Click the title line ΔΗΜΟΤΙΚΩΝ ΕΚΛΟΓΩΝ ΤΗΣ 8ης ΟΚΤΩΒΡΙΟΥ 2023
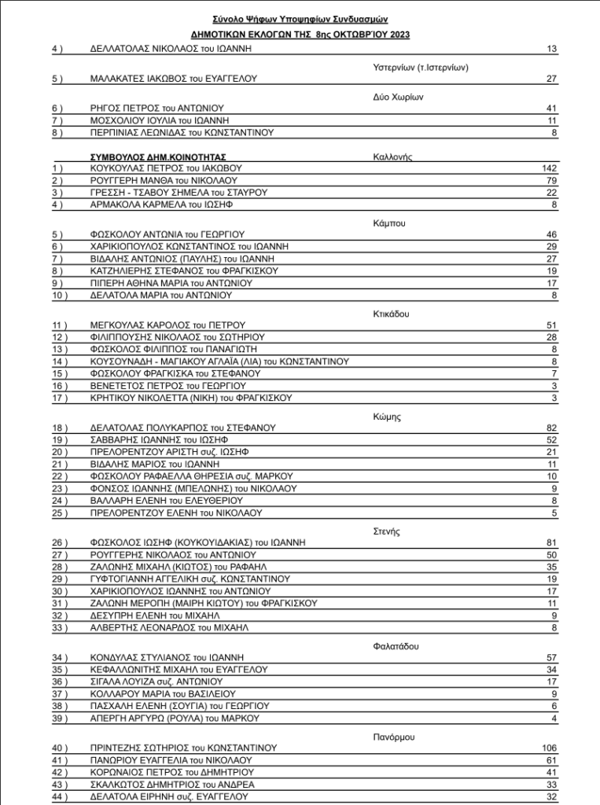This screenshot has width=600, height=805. pyautogui.click(x=300, y=35)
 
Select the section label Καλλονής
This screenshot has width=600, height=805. pyautogui.click(x=392, y=157)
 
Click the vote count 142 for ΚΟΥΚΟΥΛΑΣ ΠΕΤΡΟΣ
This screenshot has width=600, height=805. pyautogui.click(x=549, y=168)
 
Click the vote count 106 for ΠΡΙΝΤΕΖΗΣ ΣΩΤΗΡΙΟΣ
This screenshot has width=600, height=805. pyautogui.click(x=549, y=748)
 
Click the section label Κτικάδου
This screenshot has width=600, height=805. pyautogui.click(x=392, y=314)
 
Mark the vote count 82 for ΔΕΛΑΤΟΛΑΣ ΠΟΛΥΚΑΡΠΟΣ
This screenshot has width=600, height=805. pyautogui.click(x=551, y=428)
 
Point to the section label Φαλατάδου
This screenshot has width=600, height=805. pyautogui.click(x=396, y=646)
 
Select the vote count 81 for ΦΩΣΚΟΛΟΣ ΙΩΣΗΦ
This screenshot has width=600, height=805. pyautogui.click(x=551, y=542)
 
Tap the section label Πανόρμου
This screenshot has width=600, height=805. pyautogui.click(x=393, y=737)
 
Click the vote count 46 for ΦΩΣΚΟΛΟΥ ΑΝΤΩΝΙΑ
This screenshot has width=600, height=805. pyautogui.click(x=551, y=234)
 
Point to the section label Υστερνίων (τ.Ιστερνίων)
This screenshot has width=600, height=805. pyautogui.click(x=421, y=68)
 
